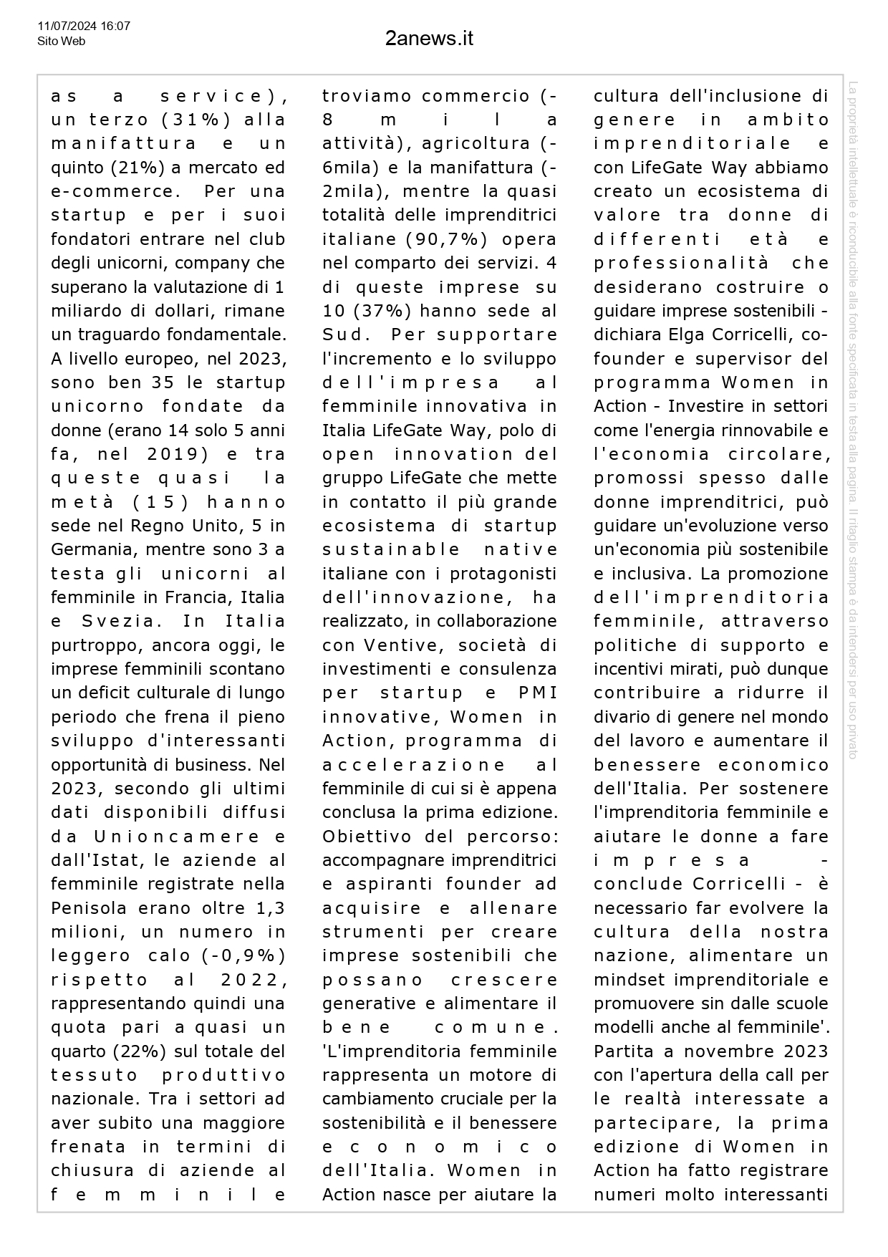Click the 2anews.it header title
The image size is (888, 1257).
point(429,38)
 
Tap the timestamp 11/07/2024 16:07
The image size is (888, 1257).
point(84,27)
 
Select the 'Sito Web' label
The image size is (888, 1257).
point(61,42)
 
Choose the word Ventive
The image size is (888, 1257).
point(400,645)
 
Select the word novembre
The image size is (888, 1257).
point(723,1051)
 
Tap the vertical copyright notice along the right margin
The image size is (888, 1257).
point(853,420)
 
